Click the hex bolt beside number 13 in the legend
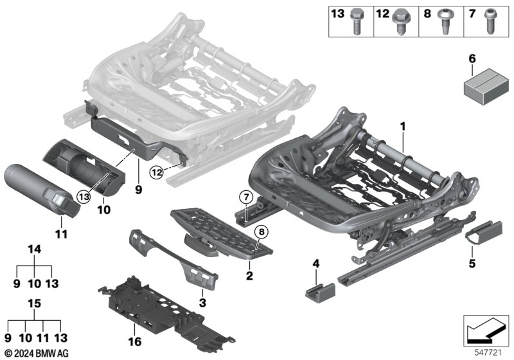point(357,22)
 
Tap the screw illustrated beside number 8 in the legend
point(445,22)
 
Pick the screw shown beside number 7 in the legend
point(490,22)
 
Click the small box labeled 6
point(486,86)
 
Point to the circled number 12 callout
point(157,172)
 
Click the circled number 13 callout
point(84,197)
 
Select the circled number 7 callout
point(246,197)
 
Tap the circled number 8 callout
point(261,232)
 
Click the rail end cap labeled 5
point(484,233)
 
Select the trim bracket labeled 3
point(173,259)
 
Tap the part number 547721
point(488,353)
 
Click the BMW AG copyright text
point(37,354)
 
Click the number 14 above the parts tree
point(35,249)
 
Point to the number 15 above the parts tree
point(35,303)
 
